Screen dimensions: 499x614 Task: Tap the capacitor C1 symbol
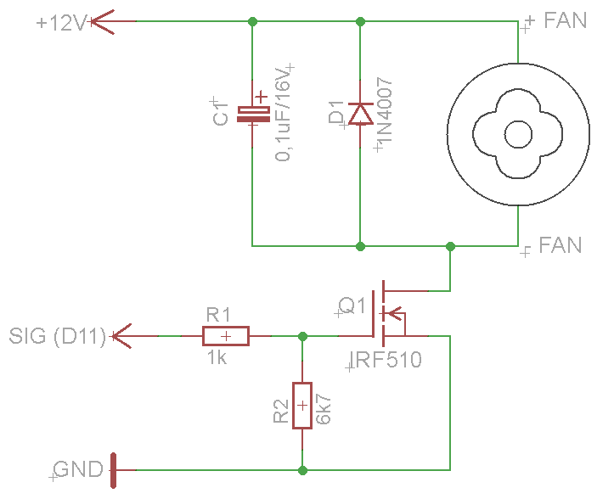252,114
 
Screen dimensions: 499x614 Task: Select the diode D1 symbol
361,114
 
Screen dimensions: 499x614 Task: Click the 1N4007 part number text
384,113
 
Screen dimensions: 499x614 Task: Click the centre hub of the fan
517,135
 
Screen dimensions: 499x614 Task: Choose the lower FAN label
560,246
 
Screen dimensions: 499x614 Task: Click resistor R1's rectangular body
226,336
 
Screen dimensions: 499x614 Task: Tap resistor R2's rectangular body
303,406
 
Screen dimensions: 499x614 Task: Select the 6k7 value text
324,408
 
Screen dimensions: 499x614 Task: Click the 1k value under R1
217,358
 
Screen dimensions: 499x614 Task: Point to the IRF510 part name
387,361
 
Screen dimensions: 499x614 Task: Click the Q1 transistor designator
351,306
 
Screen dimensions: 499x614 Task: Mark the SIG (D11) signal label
57,336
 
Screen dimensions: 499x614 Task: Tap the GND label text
78,468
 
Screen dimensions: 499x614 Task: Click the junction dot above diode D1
361,20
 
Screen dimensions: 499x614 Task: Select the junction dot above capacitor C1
252,20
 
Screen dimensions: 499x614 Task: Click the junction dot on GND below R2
303,468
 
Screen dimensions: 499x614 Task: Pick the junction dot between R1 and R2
303,336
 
